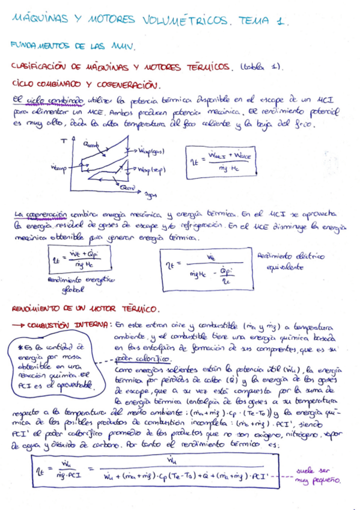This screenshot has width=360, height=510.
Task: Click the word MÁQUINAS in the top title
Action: (37, 20)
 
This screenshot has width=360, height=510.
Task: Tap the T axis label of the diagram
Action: (63, 140)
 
